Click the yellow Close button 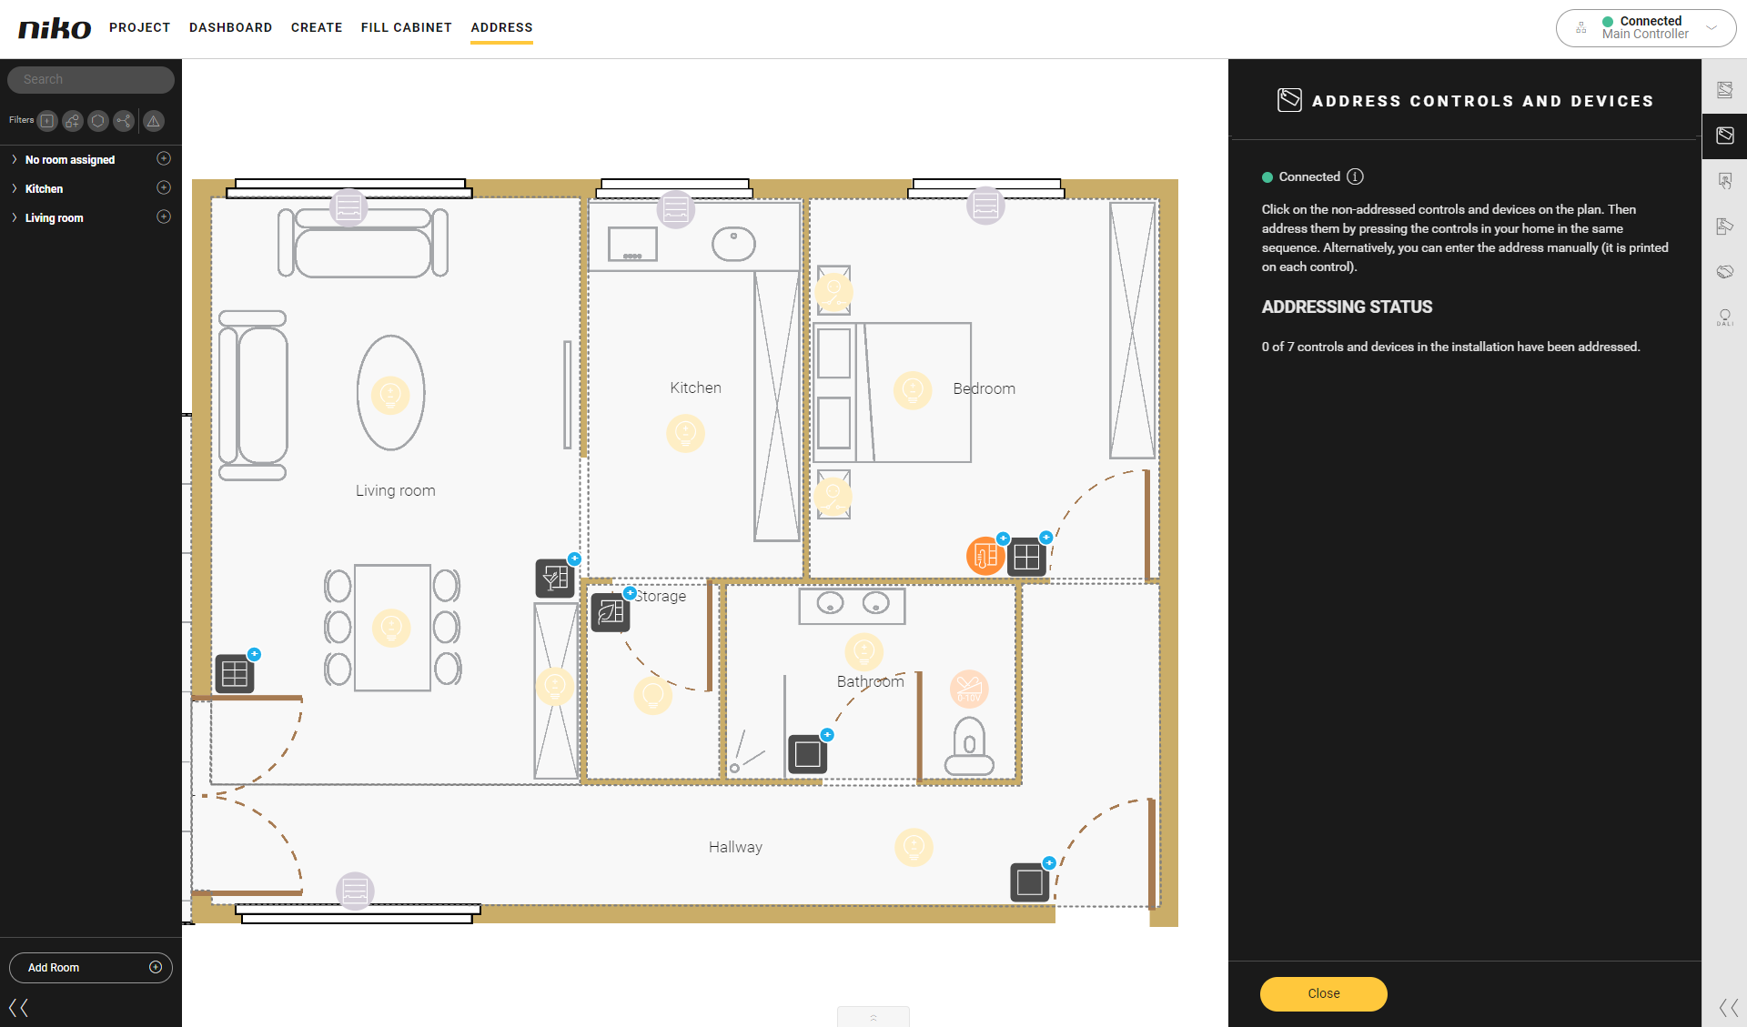(x=1323, y=993)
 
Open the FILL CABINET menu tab (x=407, y=27)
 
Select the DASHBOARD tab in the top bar (x=231, y=27)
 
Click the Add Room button (x=91, y=967)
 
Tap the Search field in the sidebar (x=91, y=79)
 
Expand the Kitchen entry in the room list (x=15, y=188)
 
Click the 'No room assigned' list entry (x=70, y=159)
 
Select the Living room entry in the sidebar (x=54, y=217)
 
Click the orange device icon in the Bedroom (x=985, y=556)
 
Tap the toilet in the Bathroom (x=969, y=746)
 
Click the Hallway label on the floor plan (x=735, y=847)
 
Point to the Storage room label (x=661, y=596)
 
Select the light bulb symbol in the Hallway (x=914, y=847)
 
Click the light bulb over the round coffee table (x=390, y=395)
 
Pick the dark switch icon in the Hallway (x=1030, y=882)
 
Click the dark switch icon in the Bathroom (x=807, y=754)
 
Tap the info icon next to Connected (x=1355, y=176)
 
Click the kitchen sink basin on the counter (x=733, y=244)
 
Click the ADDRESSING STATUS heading (x=1347, y=307)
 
